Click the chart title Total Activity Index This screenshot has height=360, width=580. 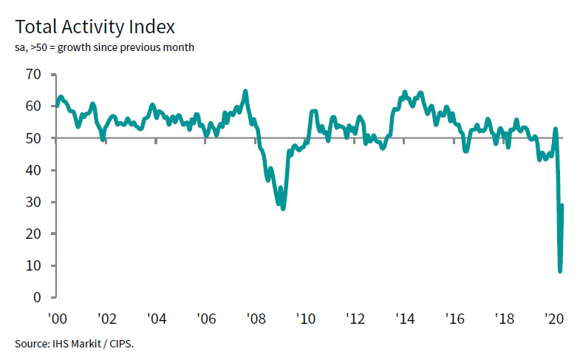click(x=95, y=27)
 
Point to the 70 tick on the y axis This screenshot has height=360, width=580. click(x=32, y=75)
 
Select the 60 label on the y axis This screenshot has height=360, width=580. click(x=32, y=106)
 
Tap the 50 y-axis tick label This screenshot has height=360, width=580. click(x=32, y=138)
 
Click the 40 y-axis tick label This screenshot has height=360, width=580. click(x=32, y=170)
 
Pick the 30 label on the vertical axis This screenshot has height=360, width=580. click(x=32, y=202)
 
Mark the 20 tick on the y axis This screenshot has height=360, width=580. click(x=32, y=234)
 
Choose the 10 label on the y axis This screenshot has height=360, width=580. click(x=32, y=265)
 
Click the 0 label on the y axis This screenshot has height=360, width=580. click(x=35, y=297)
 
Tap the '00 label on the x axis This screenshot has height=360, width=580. click(x=56, y=319)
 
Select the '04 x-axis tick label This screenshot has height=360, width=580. click(x=156, y=319)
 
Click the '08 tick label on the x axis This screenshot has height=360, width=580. click(x=256, y=319)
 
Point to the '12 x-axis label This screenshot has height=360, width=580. click(x=355, y=319)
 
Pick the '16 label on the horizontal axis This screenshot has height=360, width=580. click(x=455, y=319)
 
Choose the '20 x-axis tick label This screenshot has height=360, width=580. click(x=554, y=319)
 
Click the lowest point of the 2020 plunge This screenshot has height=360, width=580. click(x=560, y=271)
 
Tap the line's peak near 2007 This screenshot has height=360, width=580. click(x=245, y=92)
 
